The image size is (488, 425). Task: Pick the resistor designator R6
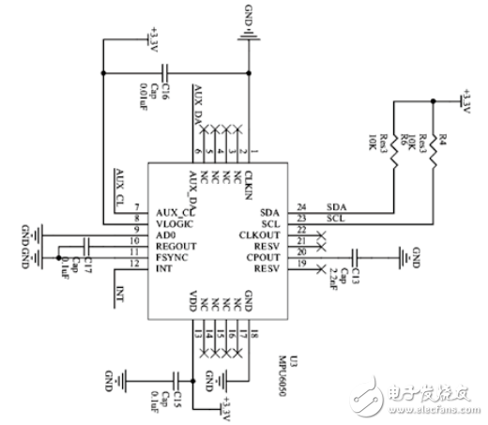coord(410,140)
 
